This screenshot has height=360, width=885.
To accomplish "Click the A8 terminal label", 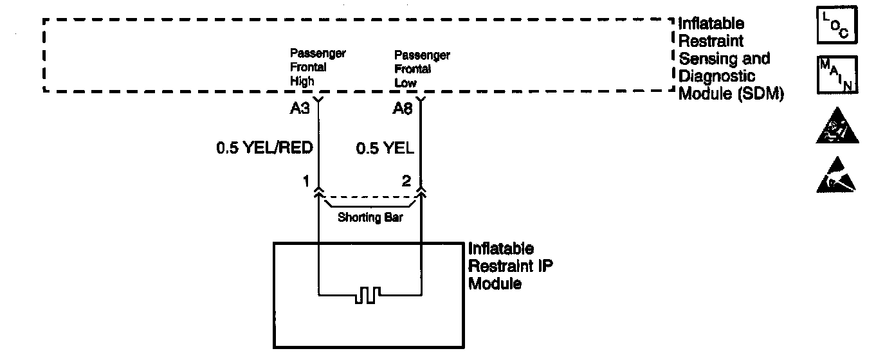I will (x=403, y=109).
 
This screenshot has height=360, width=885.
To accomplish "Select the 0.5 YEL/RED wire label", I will (x=264, y=148).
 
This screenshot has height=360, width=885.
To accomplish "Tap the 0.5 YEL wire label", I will (x=385, y=148).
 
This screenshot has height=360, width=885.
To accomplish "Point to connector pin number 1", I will (x=307, y=182).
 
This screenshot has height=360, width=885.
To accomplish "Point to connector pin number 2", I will (x=406, y=182).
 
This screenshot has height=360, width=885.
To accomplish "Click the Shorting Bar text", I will (x=370, y=217).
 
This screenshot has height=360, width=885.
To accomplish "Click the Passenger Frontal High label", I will (x=317, y=67).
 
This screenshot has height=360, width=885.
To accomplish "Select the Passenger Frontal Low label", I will (x=422, y=69).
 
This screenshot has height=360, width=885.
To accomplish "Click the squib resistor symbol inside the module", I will (x=368, y=295).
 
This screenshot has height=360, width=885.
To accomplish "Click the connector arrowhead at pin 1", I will (x=318, y=190).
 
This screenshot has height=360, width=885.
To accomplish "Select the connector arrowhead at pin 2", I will (x=421, y=190).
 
